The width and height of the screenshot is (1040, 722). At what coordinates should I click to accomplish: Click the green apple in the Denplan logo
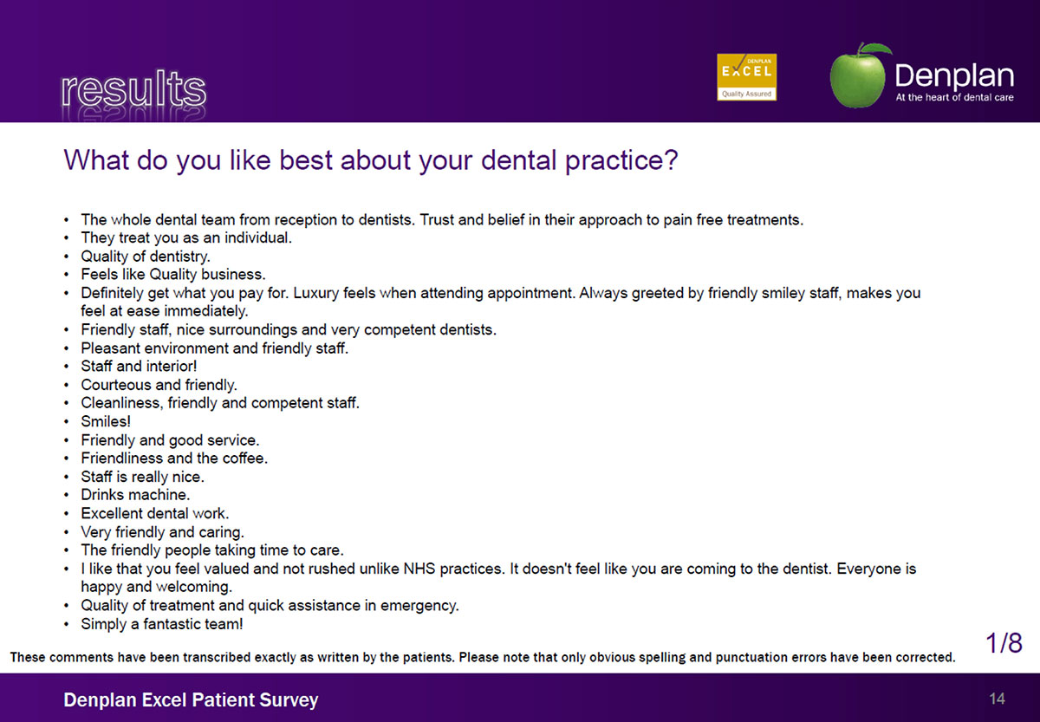pos(858,75)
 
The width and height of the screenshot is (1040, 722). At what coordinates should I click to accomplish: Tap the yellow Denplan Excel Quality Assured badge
pos(746,77)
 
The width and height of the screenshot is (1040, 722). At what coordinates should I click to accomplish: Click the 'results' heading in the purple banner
pos(133,88)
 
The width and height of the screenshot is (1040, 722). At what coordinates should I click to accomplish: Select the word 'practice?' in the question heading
pos(621,160)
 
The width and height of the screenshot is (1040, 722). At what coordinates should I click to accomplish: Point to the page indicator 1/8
pos(1004,643)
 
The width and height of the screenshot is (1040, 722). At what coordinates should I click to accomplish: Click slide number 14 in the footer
pos(998,699)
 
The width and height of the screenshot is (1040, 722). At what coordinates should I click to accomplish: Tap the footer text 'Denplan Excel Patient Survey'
pos(191,699)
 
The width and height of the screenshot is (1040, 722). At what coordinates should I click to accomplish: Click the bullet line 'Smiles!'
pos(106,421)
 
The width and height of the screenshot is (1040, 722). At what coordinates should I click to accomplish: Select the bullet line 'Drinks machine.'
pos(135,495)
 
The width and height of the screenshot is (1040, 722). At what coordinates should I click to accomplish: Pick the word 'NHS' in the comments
pos(419,569)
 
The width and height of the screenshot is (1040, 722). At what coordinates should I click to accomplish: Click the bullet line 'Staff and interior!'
pos(139,366)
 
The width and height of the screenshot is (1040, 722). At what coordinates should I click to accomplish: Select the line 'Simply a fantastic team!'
pos(162,623)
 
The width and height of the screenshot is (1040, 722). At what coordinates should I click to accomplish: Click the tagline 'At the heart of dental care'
pos(954,97)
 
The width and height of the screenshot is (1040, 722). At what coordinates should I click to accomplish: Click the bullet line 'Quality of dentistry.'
pos(146,257)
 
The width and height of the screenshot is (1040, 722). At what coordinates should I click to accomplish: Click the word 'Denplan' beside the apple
pos(954,76)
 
